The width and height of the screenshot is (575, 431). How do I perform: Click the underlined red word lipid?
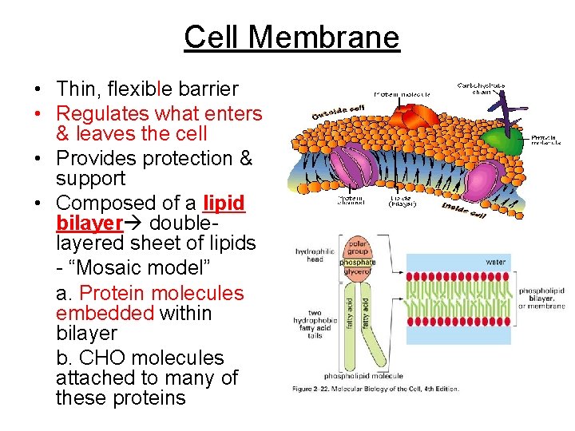click(224, 203)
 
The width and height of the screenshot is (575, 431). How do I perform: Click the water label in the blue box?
click(496, 261)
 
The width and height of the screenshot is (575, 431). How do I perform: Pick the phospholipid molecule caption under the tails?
click(363, 375)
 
